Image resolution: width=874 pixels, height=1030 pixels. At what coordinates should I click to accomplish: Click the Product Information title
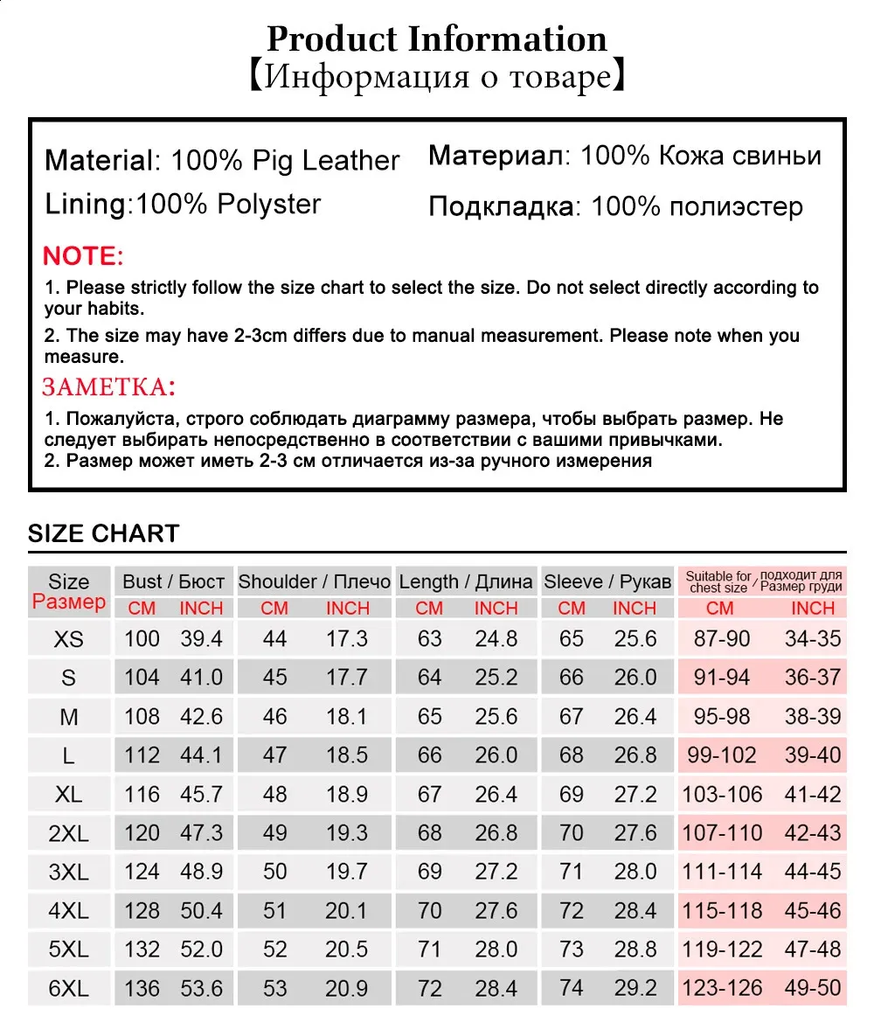[x=437, y=39]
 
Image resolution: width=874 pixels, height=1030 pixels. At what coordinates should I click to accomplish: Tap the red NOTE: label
[x=84, y=256]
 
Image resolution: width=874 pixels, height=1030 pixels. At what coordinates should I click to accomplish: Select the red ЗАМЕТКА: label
[x=109, y=386]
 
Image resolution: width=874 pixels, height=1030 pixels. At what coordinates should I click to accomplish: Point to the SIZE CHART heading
[x=103, y=533]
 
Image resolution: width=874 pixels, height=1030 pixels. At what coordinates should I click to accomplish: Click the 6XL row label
[x=69, y=989]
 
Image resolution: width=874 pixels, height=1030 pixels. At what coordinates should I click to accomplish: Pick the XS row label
[x=69, y=639]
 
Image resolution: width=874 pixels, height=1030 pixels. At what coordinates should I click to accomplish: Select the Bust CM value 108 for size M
[x=142, y=717]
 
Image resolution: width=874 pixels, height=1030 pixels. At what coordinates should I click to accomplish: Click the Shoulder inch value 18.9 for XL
[x=347, y=795]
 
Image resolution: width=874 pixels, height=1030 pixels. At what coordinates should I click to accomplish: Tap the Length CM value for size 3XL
[x=429, y=872]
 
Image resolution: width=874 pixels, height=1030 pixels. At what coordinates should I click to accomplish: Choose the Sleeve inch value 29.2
[x=635, y=989]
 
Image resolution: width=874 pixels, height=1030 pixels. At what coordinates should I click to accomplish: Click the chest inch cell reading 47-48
[x=813, y=950]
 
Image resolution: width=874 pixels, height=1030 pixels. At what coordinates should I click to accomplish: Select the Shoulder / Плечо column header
[x=315, y=581]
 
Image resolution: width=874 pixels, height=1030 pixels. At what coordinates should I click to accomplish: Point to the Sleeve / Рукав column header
[x=607, y=581]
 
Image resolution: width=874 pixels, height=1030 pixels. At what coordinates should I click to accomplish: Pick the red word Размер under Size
[x=69, y=602]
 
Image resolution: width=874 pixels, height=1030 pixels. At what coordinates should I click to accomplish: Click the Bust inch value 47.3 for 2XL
[x=202, y=833]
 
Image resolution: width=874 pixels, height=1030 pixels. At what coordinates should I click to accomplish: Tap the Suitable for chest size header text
[x=718, y=581]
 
